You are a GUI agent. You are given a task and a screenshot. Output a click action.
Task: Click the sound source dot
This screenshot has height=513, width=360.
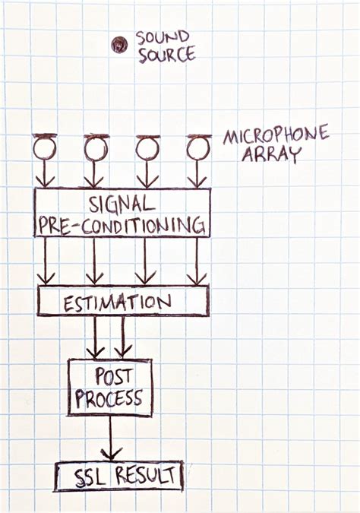point(118,45)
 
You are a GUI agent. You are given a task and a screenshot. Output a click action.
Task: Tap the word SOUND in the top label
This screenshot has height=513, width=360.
point(163,38)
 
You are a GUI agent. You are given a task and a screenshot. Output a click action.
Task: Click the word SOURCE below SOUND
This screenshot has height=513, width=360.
point(167,55)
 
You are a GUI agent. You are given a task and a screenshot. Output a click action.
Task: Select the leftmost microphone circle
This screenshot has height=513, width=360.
point(45,148)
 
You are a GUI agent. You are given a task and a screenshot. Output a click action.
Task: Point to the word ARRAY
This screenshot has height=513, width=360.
point(270,154)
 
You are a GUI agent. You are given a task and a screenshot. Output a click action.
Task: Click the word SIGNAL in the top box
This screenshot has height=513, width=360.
point(122,204)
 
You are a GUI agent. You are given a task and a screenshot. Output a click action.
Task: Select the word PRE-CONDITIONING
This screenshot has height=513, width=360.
point(122,226)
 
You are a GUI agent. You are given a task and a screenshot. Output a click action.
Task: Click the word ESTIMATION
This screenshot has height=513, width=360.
point(117,302)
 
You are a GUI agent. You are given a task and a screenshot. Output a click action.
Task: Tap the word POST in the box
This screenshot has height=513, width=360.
point(113,376)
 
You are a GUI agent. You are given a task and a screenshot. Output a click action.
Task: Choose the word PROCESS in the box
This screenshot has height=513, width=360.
point(109,398)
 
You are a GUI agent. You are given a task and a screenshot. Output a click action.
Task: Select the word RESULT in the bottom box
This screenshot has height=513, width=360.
point(146,475)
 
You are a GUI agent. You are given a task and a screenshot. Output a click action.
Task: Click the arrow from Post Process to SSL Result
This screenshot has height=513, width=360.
point(111,438)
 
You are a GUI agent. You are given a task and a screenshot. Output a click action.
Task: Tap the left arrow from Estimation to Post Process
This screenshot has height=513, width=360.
point(95,337)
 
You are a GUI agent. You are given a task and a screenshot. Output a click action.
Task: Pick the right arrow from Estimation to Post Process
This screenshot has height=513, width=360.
point(122,337)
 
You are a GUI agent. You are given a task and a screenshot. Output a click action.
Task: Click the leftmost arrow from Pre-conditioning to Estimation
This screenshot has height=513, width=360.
point(45,261)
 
